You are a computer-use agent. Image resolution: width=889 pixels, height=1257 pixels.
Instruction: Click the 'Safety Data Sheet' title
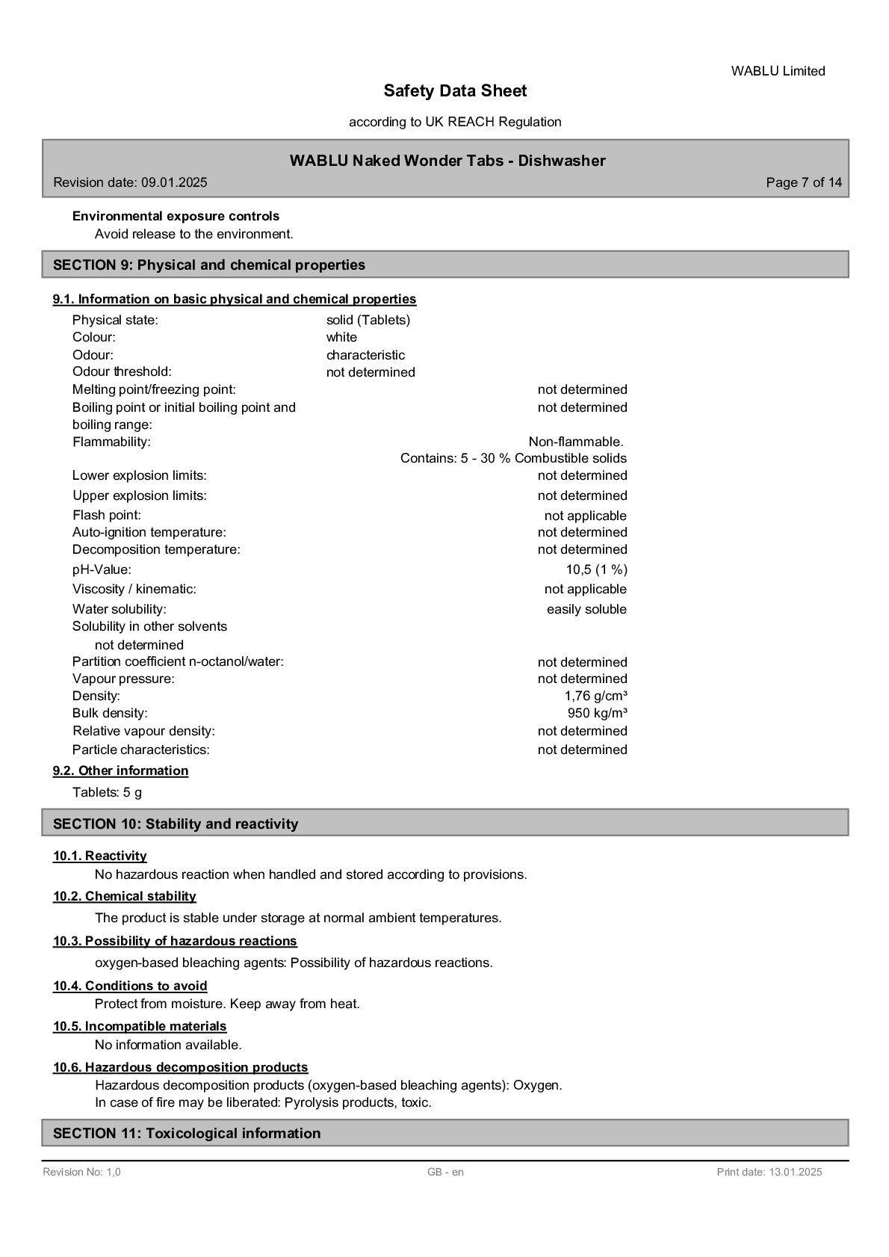pyautogui.click(x=455, y=91)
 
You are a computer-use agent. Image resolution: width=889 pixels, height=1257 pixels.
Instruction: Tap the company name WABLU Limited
pyautogui.click(x=778, y=71)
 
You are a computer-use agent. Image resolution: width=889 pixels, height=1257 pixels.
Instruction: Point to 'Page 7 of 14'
pyautogui.click(x=804, y=182)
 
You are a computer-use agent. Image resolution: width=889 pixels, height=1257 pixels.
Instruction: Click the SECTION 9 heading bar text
pyautogui.click(x=209, y=265)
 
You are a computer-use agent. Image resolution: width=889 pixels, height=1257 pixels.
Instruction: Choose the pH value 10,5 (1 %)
pyautogui.click(x=596, y=569)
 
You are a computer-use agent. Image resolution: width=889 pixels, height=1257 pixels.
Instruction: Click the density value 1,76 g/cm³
pyautogui.click(x=595, y=696)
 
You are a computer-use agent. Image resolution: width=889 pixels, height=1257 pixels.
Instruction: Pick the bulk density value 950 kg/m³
pyautogui.click(x=597, y=713)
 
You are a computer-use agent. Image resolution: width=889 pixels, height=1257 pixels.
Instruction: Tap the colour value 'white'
pyautogui.click(x=341, y=337)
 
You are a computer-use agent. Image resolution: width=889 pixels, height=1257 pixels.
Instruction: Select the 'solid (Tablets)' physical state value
pyautogui.click(x=368, y=320)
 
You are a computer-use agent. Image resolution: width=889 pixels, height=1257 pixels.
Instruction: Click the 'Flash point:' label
pyautogui.click(x=107, y=515)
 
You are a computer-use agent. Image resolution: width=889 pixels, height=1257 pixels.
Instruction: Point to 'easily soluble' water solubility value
pyautogui.click(x=586, y=609)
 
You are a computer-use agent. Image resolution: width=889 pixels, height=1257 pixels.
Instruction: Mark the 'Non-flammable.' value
pyautogui.click(x=576, y=442)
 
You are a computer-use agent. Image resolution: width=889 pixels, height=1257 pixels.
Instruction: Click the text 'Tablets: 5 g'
pyautogui.click(x=107, y=792)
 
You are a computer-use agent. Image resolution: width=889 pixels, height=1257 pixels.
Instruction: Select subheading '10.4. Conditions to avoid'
pyautogui.click(x=130, y=986)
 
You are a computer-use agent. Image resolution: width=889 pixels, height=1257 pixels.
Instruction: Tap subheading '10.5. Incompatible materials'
pyautogui.click(x=140, y=1026)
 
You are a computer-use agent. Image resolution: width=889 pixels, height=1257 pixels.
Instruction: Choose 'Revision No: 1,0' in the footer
pyautogui.click(x=81, y=1172)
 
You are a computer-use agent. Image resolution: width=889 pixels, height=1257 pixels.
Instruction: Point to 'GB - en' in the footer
pyautogui.click(x=445, y=1172)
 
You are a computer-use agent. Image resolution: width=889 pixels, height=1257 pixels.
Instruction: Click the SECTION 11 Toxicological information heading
pyautogui.click(x=187, y=1133)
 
